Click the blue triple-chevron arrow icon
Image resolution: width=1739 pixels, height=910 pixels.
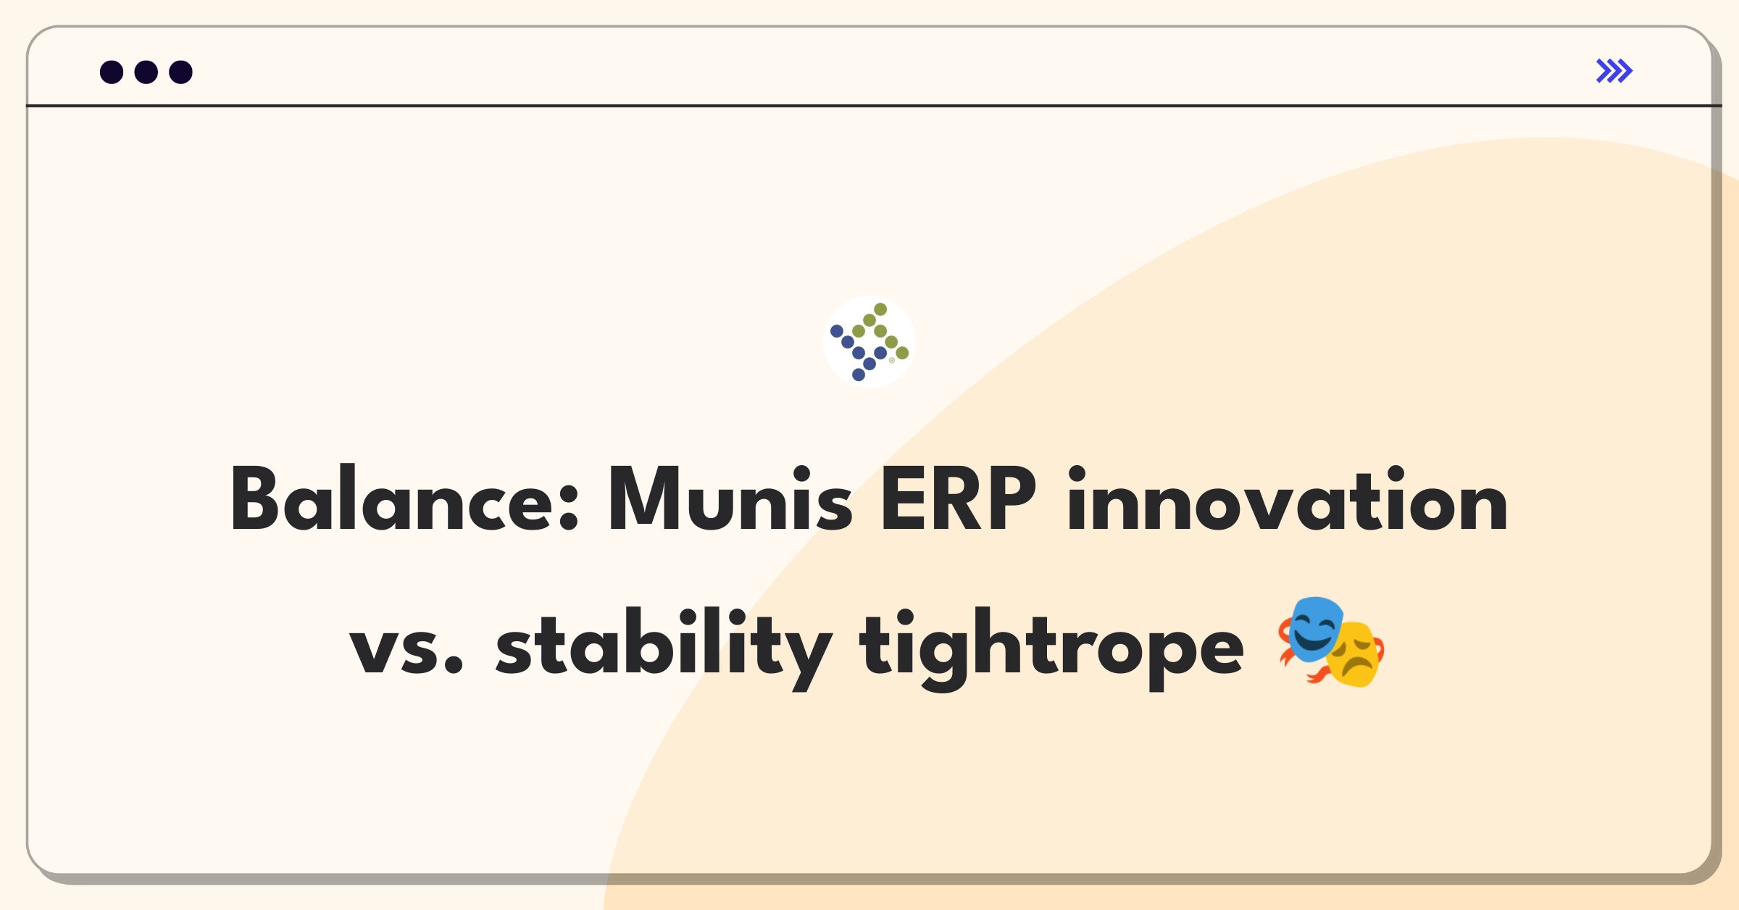[1614, 71]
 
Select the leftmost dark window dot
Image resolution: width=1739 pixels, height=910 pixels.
[112, 72]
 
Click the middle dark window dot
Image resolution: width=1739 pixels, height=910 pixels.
[146, 72]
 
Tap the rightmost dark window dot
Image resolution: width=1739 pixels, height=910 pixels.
[181, 72]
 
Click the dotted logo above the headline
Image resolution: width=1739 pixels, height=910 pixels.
[869, 342]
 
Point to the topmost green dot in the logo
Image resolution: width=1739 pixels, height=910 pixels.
[880, 309]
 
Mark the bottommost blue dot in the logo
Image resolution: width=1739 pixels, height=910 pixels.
[859, 375]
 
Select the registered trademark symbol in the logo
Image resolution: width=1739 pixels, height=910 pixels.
[892, 360]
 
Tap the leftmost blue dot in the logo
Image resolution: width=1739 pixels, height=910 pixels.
[837, 331]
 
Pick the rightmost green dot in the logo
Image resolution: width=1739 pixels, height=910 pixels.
[902, 353]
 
